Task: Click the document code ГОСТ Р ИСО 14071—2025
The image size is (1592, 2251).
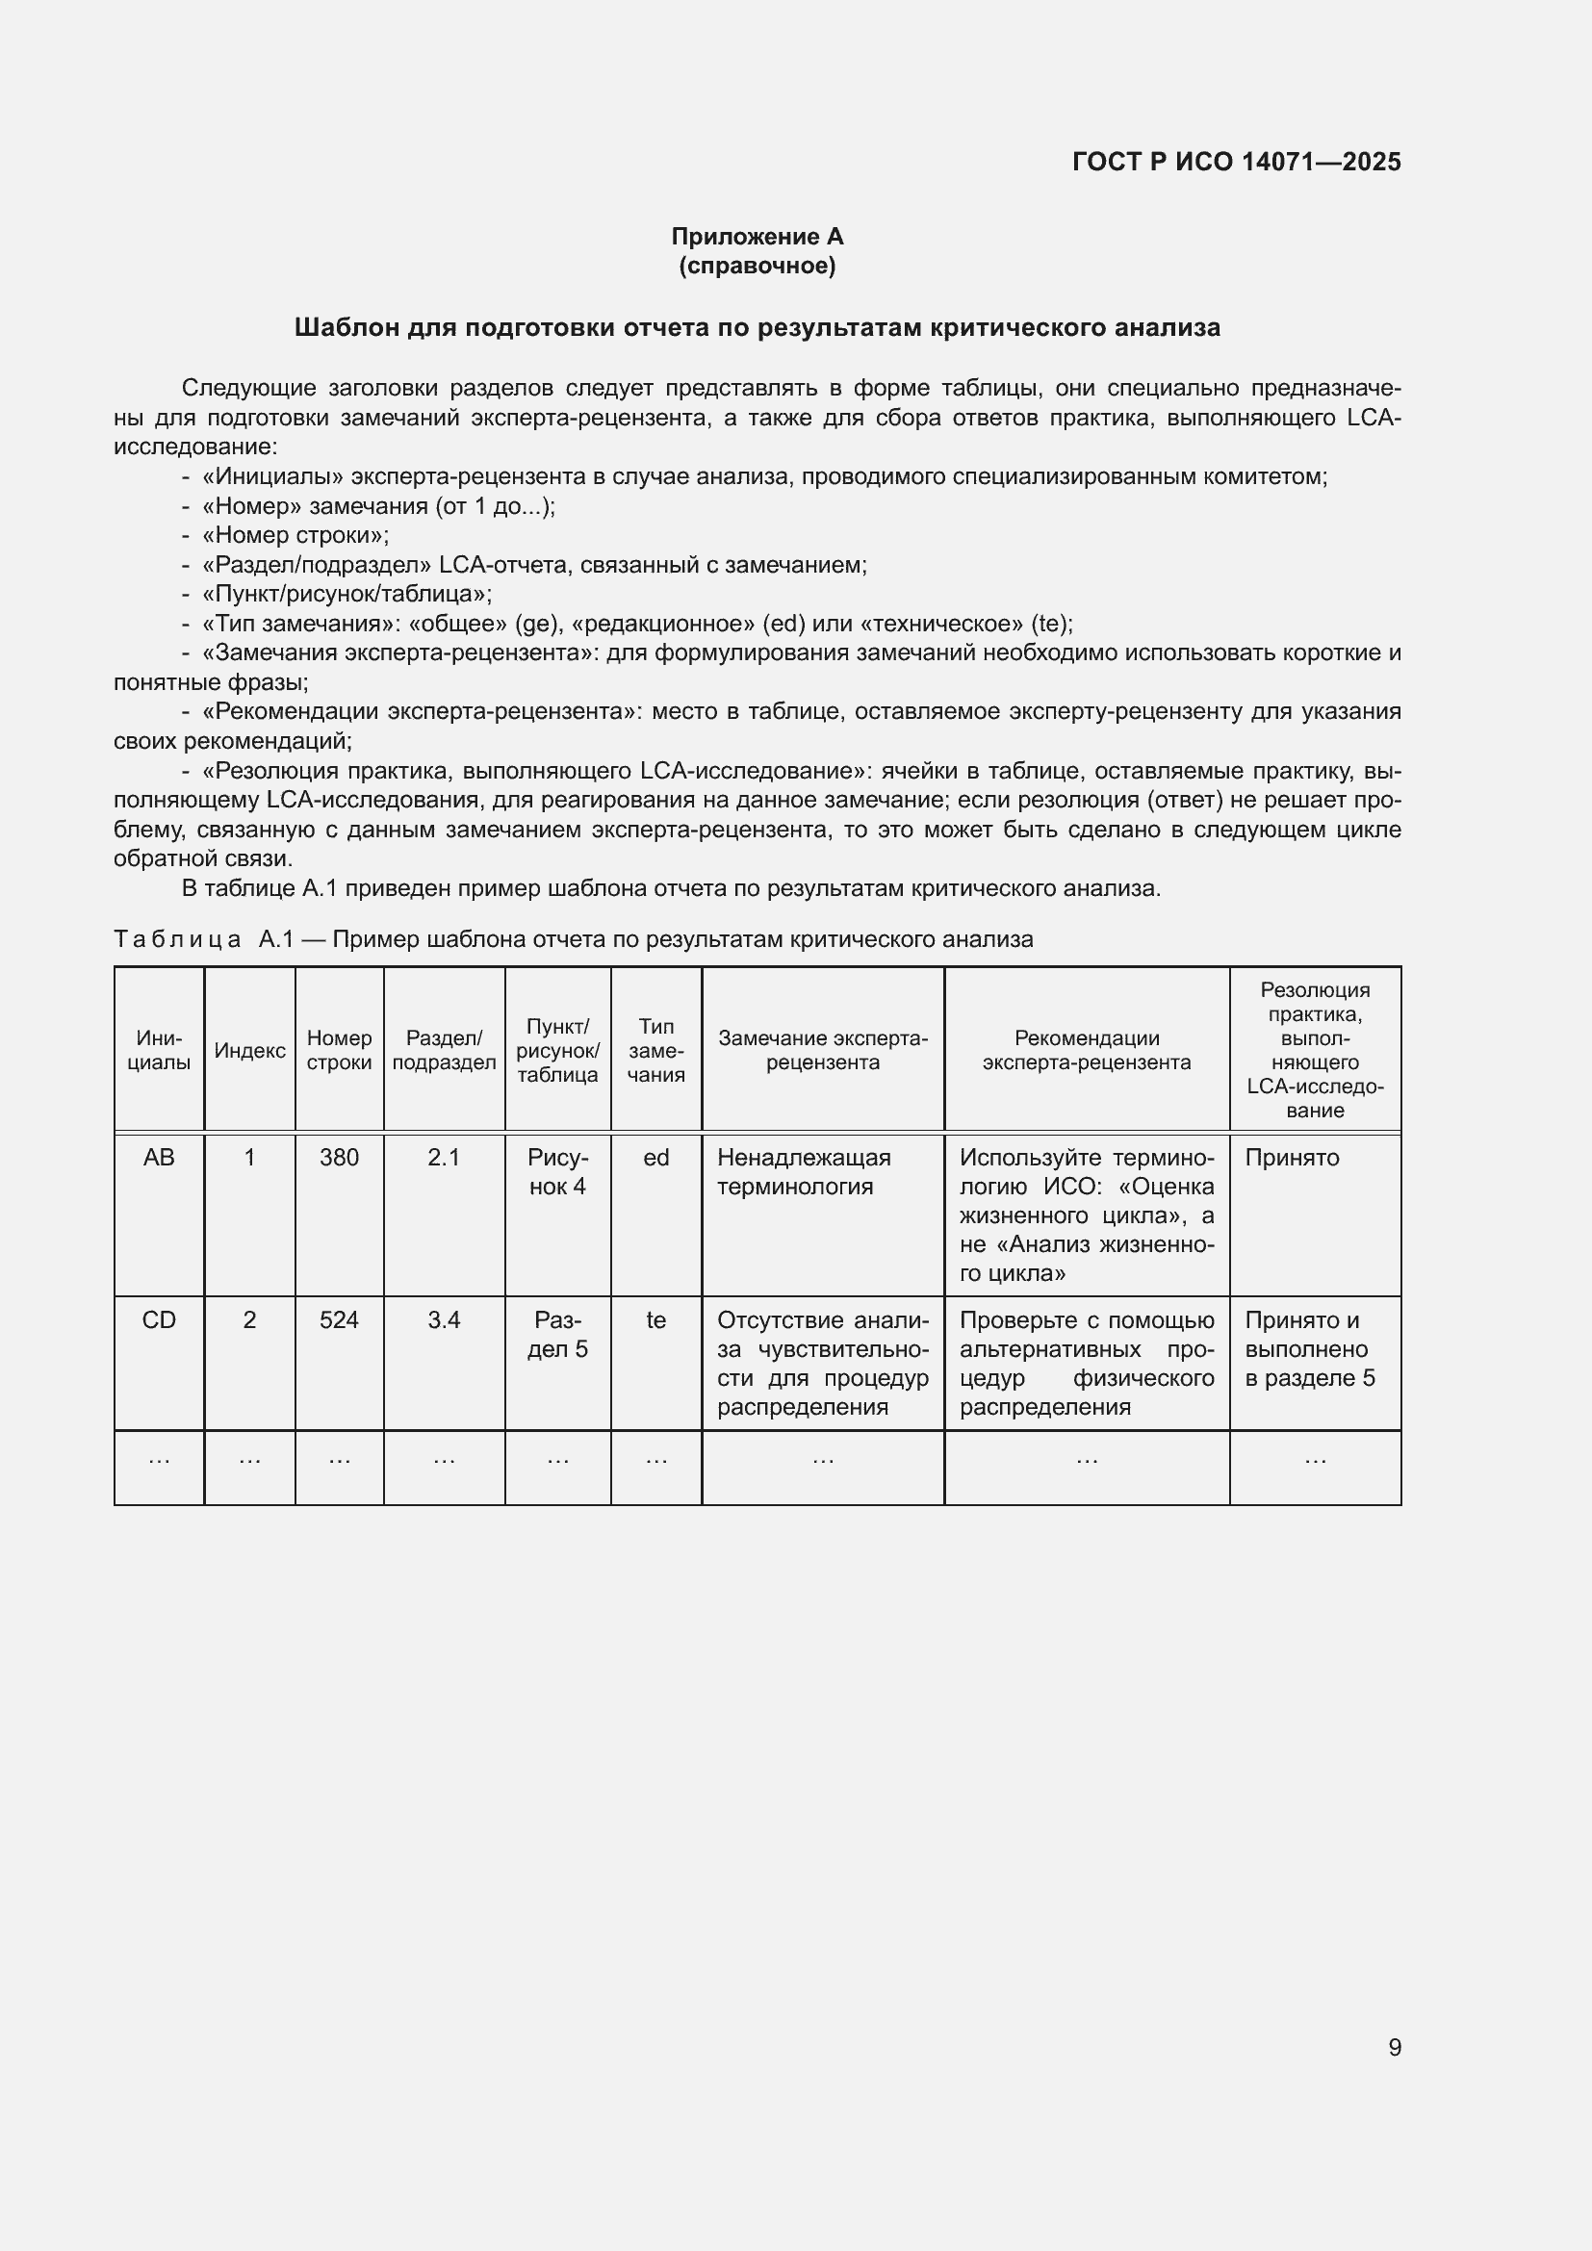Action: point(1236,162)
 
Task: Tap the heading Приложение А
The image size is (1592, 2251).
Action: point(757,237)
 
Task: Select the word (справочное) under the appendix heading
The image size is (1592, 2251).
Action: point(757,266)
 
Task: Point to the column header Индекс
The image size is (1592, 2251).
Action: point(250,1050)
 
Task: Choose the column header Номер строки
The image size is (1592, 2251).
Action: point(339,1050)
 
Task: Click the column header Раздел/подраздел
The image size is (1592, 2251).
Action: point(444,1050)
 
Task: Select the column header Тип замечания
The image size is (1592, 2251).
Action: point(655,1050)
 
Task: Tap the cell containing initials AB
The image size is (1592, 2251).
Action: point(159,1158)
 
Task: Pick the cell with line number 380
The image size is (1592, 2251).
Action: point(339,1158)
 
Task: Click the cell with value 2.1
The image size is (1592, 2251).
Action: point(444,1158)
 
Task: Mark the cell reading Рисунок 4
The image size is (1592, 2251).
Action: point(558,1171)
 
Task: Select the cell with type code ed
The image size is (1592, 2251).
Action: point(655,1158)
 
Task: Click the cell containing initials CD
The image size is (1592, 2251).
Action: point(159,1320)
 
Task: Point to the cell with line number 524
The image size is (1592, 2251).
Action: point(339,1320)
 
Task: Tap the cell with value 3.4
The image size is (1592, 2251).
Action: point(444,1320)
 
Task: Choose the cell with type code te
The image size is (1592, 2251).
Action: point(655,1320)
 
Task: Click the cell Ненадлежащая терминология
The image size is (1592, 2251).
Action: point(804,1171)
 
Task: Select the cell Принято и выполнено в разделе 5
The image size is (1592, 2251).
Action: point(1310,1349)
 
